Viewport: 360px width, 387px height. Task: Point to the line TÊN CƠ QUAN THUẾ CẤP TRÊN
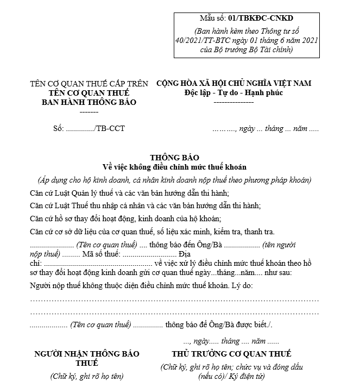point(89,84)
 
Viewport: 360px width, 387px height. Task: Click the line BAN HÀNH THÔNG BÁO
point(89,102)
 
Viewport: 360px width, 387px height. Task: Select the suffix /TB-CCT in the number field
point(109,129)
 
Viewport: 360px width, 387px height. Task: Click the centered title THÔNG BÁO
point(174,158)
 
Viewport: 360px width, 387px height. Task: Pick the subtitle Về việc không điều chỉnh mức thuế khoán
point(174,167)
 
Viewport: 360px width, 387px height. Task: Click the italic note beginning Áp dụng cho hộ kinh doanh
point(174,180)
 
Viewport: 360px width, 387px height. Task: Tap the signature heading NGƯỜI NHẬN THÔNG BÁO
point(87,354)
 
